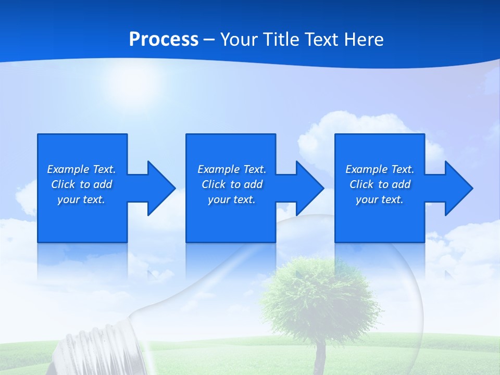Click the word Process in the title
point(164,40)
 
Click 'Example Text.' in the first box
point(81,169)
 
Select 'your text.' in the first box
point(81,199)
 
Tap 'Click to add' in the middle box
point(232,184)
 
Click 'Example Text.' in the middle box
point(232,169)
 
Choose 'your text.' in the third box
point(380,199)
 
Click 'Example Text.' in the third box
point(380,169)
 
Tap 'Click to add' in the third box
point(380,184)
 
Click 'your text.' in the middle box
point(232,199)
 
